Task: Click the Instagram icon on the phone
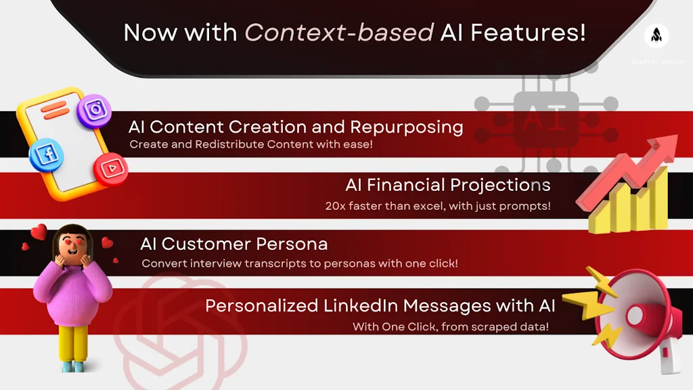(x=94, y=110)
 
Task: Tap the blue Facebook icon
(x=47, y=155)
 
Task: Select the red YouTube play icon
(x=111, y=169)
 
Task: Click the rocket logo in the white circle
(x=656, y=35)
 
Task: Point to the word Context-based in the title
(x=339, y=32)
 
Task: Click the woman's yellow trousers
(x=73, y=343)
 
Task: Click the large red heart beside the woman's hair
(x=39, y=232)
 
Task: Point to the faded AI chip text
(x=545, y=119)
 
